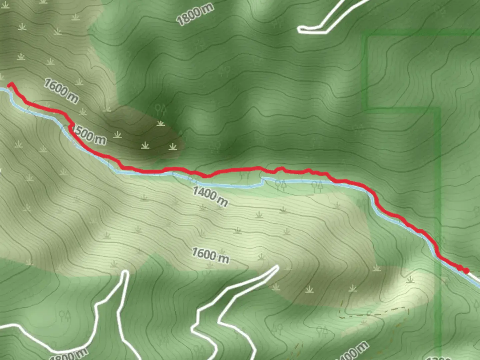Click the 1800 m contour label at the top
[x=195, y=15]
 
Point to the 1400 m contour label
[x=210, y=196]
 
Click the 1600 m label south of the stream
[x=210, y=255]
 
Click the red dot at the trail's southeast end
[x=466, y=270]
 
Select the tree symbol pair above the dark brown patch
[x=161, y=109]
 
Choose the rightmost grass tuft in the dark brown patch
[x=173, y=146]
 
